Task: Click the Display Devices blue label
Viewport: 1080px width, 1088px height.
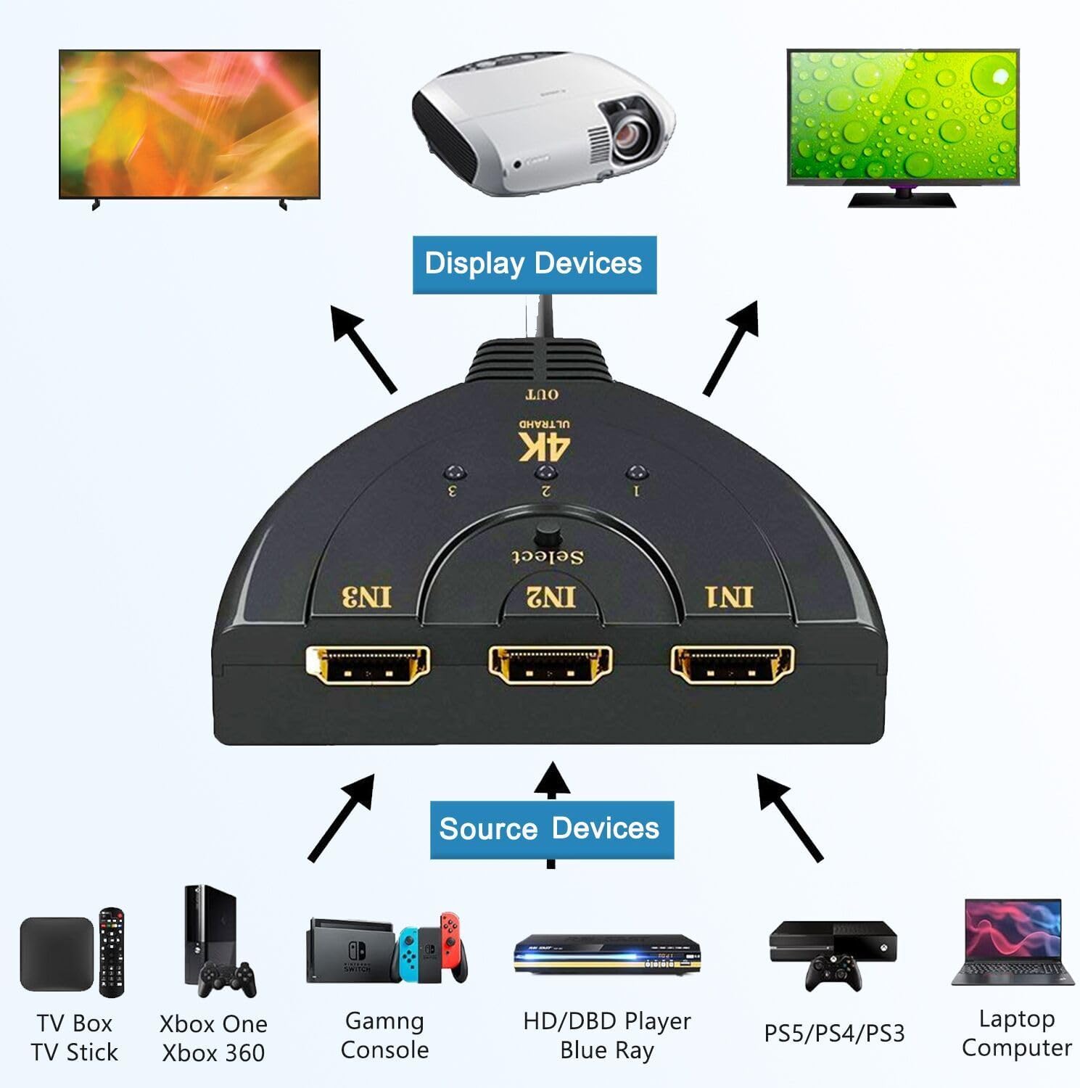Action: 534,264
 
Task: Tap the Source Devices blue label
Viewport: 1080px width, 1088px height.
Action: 551,829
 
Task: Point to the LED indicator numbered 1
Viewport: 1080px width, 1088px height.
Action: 636,473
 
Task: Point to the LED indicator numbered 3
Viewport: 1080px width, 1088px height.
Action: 453,473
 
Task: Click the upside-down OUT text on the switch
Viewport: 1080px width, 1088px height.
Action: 543,395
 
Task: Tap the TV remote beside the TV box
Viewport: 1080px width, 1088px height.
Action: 112,951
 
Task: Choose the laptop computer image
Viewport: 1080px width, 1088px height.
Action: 1013,943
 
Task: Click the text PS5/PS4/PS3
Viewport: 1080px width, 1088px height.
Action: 834,1034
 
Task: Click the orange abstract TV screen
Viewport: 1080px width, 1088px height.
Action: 189,123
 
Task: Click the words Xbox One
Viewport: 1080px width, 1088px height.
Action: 213,1024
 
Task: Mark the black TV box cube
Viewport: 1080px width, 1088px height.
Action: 57,954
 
